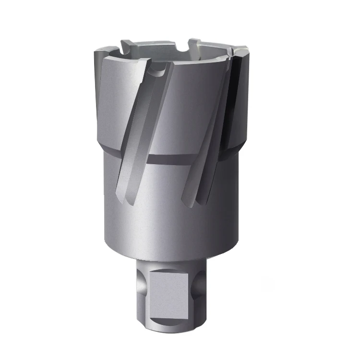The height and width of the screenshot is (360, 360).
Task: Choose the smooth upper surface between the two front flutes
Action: tap(192, 110)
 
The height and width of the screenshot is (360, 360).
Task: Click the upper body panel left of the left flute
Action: tap(113, 96)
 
